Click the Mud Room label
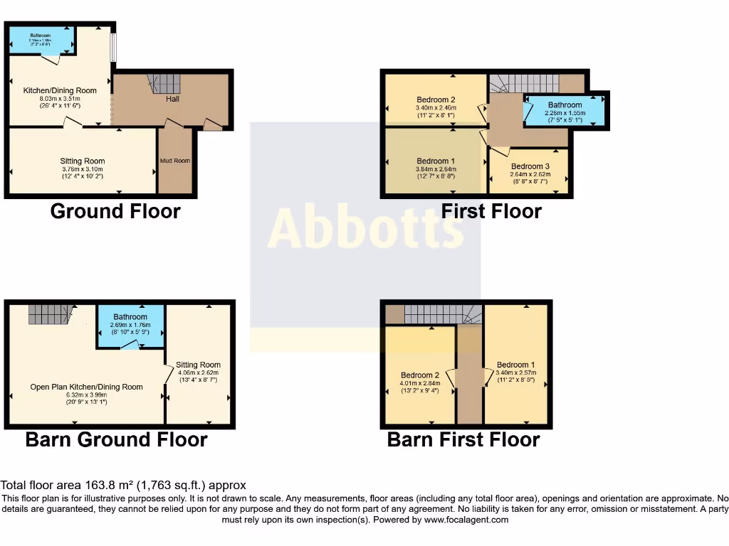pyautogui.click(x=174, y=161)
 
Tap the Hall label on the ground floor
pyautogui.click(x=172, y=99)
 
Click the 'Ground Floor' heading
pyautogui.click(x=115, y=211)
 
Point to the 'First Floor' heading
pyautogui.click(x=491, y=211)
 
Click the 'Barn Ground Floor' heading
pyautogui.click(x=116, y=439)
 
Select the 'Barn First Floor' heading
pyautogui.click(x=463, y=439)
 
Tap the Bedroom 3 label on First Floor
pyautogui.click(x=530, y=166)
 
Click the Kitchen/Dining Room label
pyautogui.click(x=60, y=90)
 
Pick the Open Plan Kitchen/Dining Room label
pyautogui.click(x=86, y=387)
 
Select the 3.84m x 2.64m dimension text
pyautogui.click(x=436, y=169)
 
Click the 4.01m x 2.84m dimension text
pyautogui.click(x=420, y=383)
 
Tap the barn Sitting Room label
pyautogui.click(x=199, y=365)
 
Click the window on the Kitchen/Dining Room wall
pyautogui.click(x=112, y=48)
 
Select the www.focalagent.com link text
pyautogui.click(x=466, y=520)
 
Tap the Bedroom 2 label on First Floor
pyautogui.click(x=436, y=100)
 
